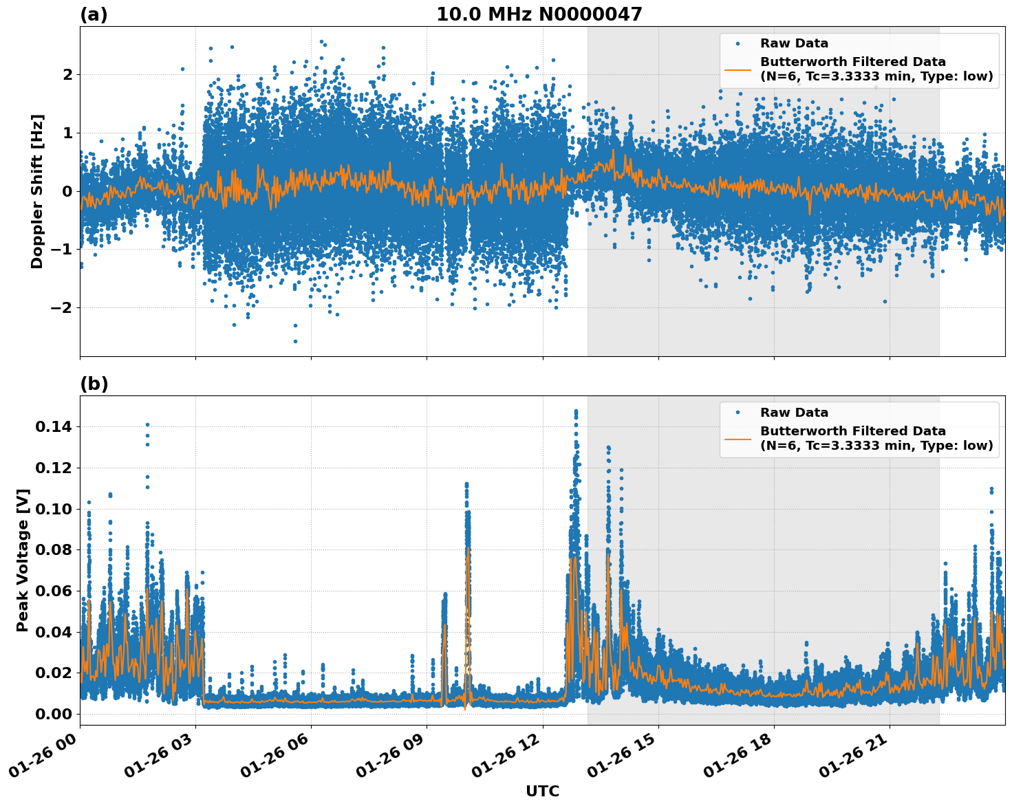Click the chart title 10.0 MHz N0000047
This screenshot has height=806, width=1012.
pos(539,14)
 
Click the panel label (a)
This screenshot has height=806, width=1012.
pos(94,14)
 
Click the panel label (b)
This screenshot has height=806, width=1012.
pos(94,384)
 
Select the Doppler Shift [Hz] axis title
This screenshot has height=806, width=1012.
pos(37,191)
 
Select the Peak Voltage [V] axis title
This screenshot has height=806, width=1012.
pos(23,560)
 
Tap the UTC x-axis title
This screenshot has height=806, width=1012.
pos(542,791)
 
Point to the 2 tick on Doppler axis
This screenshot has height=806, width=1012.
pos(67,74)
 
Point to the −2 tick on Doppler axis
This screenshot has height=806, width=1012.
pos(62,307)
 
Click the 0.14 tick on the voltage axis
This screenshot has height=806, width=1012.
pos(53,427)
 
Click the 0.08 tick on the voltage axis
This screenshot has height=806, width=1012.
pos(53,549)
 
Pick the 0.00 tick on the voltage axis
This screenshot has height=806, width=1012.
pos(53,714)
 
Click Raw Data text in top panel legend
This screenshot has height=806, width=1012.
pos(794,43)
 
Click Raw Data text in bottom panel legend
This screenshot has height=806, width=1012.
pos(794,413)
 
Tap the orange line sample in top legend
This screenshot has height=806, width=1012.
pos(738,69)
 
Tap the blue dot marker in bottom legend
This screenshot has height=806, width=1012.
pos(738,413)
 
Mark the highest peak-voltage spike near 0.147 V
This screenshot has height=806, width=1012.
pos(576,411)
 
